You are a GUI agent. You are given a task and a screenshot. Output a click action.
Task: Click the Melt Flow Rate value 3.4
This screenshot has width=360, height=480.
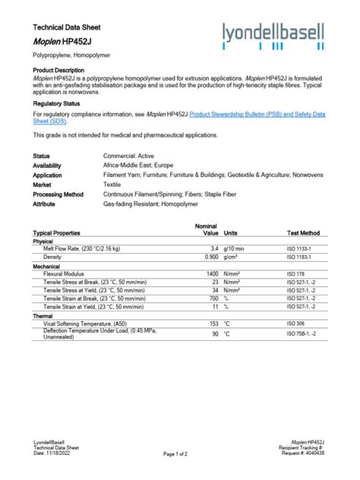[214, 248]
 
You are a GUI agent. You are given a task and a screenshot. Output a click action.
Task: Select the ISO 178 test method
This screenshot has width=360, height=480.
[295, 273]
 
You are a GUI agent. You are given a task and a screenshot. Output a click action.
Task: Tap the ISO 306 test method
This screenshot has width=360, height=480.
[295, 323]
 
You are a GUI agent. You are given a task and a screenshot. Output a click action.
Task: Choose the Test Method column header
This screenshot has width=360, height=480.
[303, 233]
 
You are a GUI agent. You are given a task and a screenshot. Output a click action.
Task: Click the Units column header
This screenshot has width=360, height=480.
[231, 233]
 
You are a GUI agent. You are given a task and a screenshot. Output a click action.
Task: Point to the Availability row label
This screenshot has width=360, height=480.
[47, 165]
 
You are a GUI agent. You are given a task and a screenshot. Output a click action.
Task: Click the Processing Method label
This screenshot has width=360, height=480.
[58, 194]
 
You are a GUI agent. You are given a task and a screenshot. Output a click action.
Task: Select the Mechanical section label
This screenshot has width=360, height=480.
[47, 266]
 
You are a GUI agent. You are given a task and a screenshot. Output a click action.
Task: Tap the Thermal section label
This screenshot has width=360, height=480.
[43, 315]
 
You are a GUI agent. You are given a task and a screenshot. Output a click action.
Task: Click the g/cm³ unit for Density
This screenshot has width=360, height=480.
[231, 257]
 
